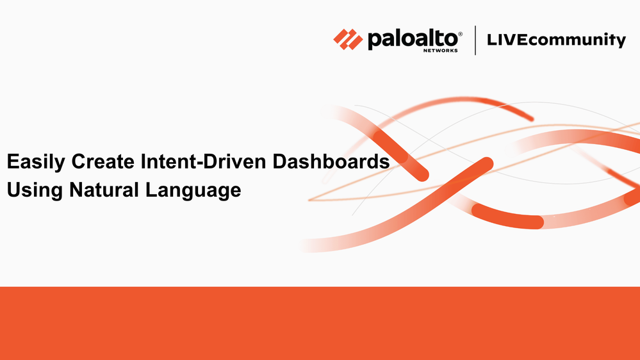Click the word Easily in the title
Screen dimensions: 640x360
tap(36, 162)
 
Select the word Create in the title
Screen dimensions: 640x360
tap(103, 161)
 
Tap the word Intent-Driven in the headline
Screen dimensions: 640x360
tap(203, 161)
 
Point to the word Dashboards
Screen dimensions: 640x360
tap(331, 161)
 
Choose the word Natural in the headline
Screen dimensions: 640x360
tap(104, 190)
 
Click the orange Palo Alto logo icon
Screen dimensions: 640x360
tap(348, 40)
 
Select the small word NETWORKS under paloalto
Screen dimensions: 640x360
tap(440, 51)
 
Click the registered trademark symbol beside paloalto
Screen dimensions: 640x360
tap(461, 35)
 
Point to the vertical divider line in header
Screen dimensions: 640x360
tap(475, 40)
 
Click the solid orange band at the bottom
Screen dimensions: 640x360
tap(320, 323)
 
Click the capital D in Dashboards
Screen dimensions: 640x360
tap(279, 161)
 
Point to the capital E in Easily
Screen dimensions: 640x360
tap(13, 161)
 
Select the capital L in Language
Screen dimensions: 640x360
tap(152, 190)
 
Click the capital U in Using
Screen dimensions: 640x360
tap(13, 190)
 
